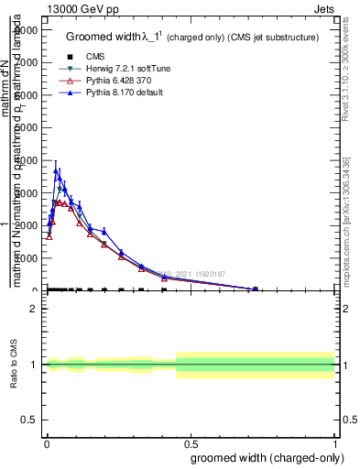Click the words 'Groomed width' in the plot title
(100, 38)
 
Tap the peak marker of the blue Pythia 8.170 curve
(56, 170)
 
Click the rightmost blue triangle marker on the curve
(256, 289)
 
